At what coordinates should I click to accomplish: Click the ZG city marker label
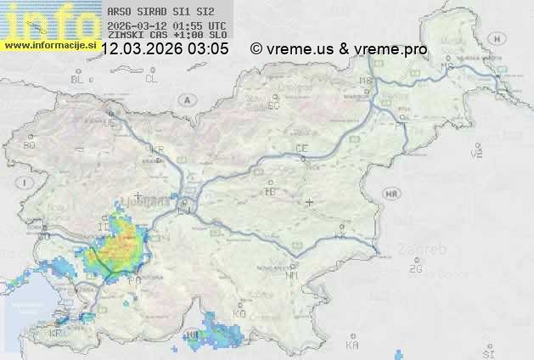click(x=415, y=269)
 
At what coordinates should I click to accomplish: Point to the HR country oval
click(x=391, y=194)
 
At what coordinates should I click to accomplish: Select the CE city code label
click(x=301, y=149)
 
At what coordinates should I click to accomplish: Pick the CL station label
click(x=151, y=79)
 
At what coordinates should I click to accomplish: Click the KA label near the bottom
click(x=352, y=345)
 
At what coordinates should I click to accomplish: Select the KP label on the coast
click(x=56, y=334)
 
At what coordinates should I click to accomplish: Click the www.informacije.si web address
click(x=48, y=43)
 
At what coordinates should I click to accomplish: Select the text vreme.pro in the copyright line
click(x=396, y=49)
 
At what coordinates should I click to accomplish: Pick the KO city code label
click(x=239, y=314)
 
